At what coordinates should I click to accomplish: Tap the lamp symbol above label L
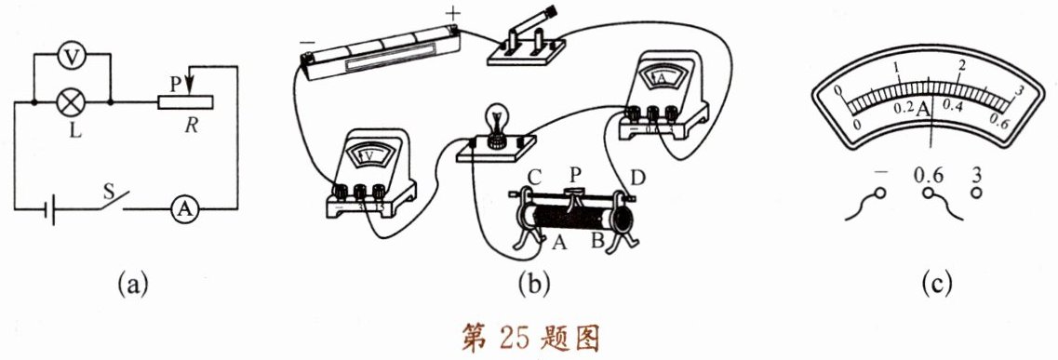point(72,103)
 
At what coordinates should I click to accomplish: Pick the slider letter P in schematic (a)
point(176,83)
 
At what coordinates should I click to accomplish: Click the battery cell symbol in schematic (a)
point(49,209)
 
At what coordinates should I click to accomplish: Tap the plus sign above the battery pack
point(451,12)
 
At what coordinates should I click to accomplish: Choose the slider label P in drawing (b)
point(575,174)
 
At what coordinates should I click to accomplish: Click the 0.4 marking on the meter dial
point(954,107)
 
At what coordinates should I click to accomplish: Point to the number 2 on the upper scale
point(961,66)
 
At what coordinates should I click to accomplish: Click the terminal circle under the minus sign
point(879,194)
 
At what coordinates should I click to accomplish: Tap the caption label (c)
point(936,284)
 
